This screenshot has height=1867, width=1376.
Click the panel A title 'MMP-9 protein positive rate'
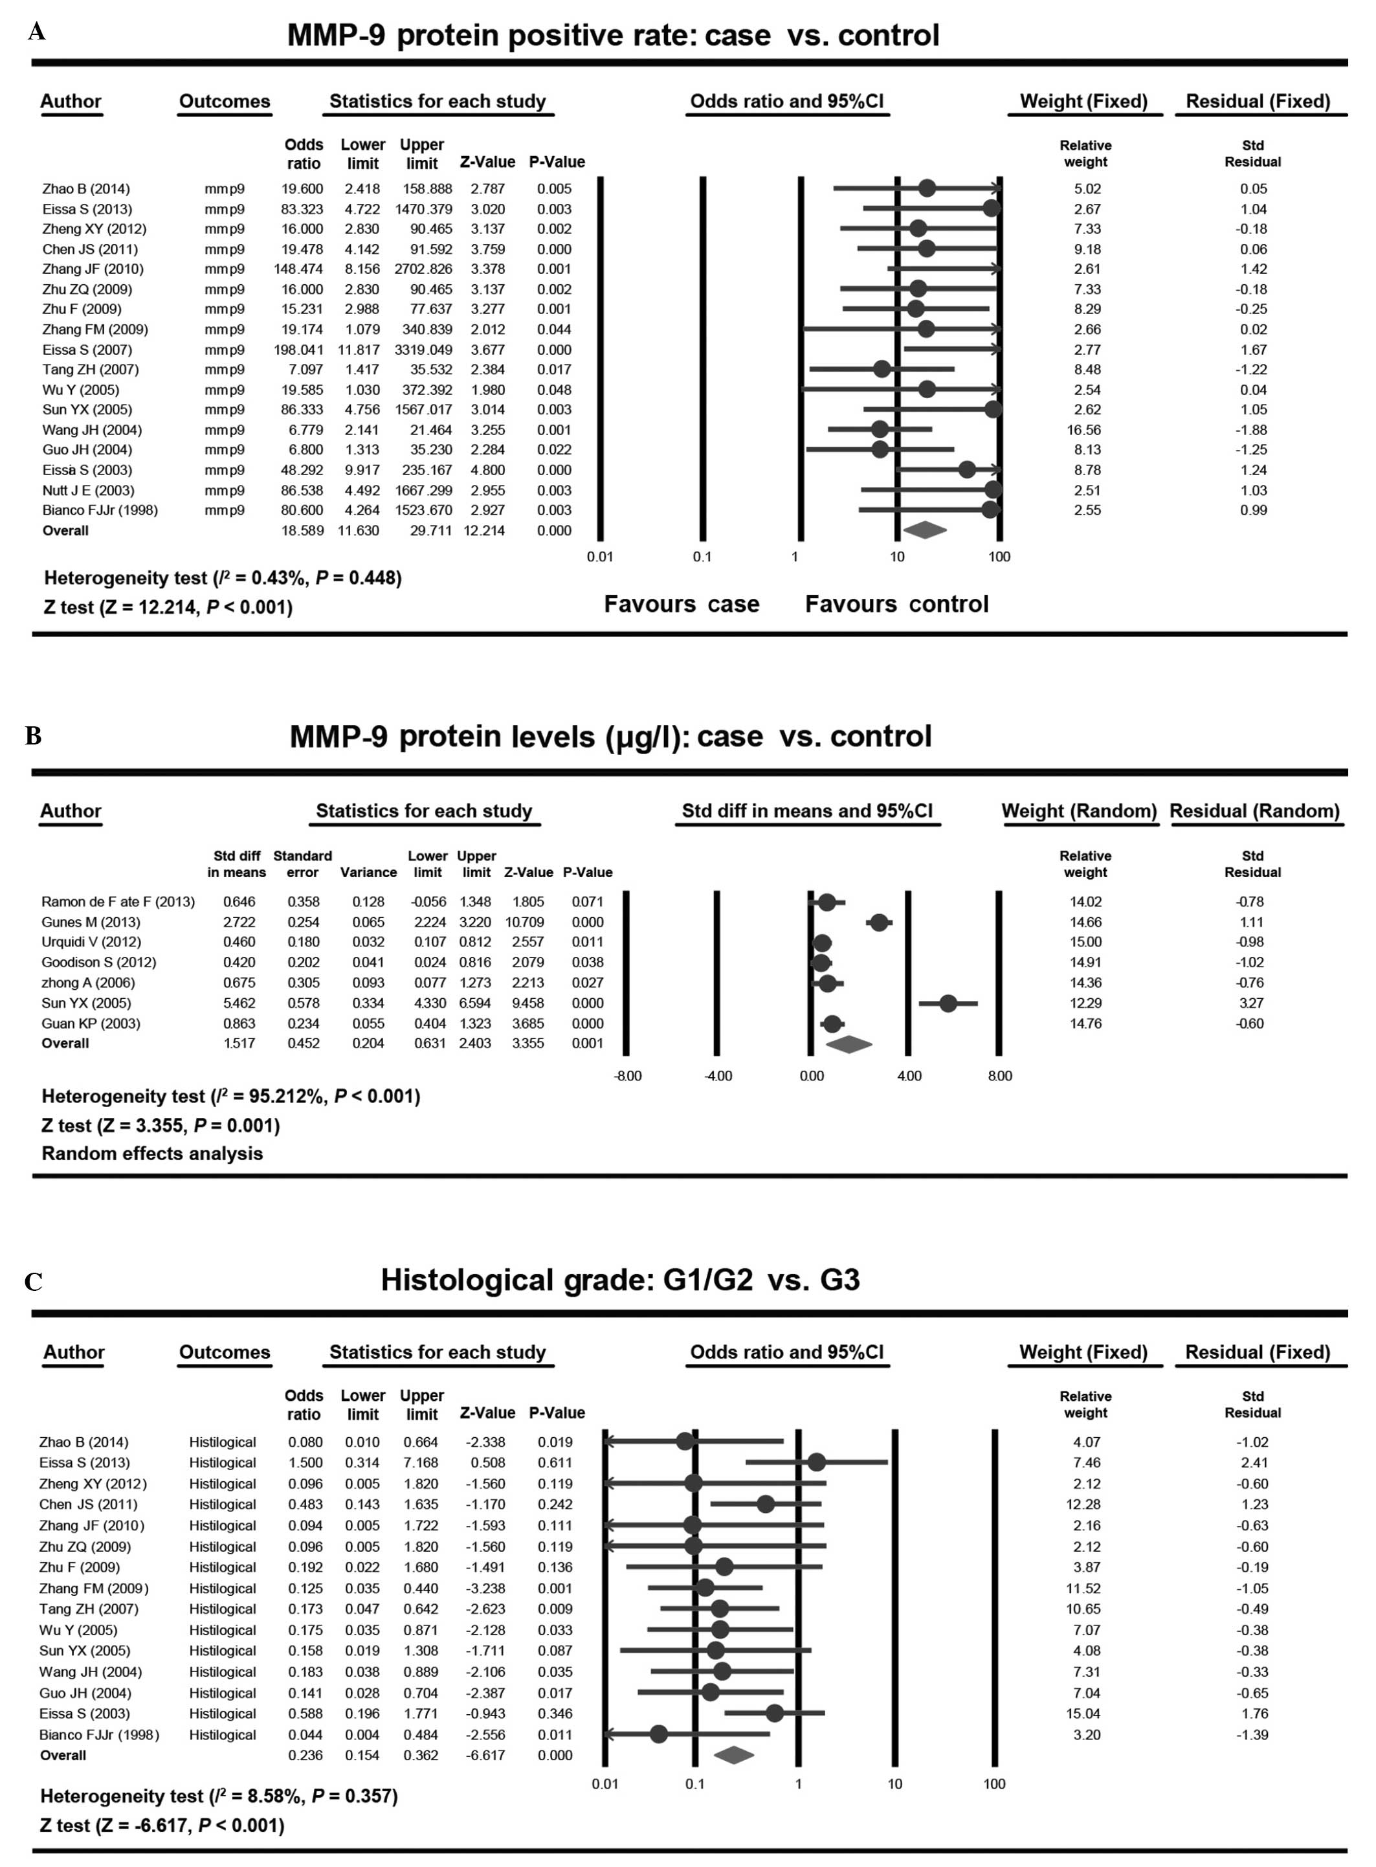(x=613, y=36)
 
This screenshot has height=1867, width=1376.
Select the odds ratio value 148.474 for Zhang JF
(x=298, y=269)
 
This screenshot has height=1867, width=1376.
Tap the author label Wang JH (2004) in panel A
(x=92, y=430)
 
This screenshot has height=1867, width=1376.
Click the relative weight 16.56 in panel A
(x=1087, y=430)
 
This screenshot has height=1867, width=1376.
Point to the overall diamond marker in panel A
(x=924, y=530)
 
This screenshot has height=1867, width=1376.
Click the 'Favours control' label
(x=896, y=604)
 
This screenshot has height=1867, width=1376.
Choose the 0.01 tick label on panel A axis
(x=600, y=557)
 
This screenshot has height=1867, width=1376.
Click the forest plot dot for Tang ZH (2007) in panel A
(x=882, y=369)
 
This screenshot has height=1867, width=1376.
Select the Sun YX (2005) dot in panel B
(x=948, y=1003)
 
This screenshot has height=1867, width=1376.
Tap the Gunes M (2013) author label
(x=91, y=922)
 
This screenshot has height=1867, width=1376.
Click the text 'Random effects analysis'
(x=153, y=1154)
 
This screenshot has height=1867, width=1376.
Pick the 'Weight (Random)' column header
(x=1079, y=811)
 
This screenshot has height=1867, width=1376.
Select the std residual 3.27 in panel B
(x=1251, y=1003)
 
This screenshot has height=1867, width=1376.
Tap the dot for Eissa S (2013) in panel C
(x=816, y=1462)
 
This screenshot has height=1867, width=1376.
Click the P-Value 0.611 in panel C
(x=555, y=1463)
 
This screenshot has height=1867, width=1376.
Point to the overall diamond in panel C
(x=734, y=1756)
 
